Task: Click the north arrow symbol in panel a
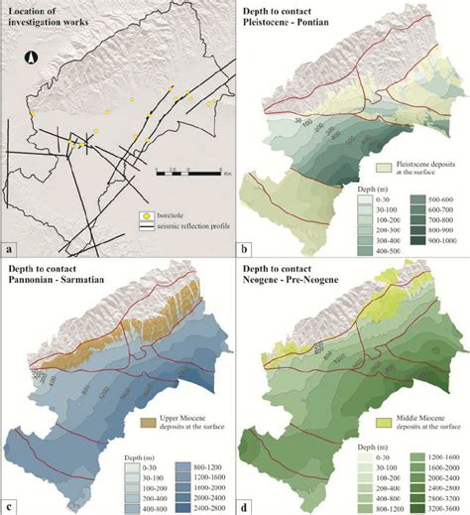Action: pyautogui.click(x=31, y=59)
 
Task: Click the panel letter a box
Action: pyautogui.click(x=9, y=248)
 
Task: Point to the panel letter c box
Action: pyautogui.click(x=9, y=506)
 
